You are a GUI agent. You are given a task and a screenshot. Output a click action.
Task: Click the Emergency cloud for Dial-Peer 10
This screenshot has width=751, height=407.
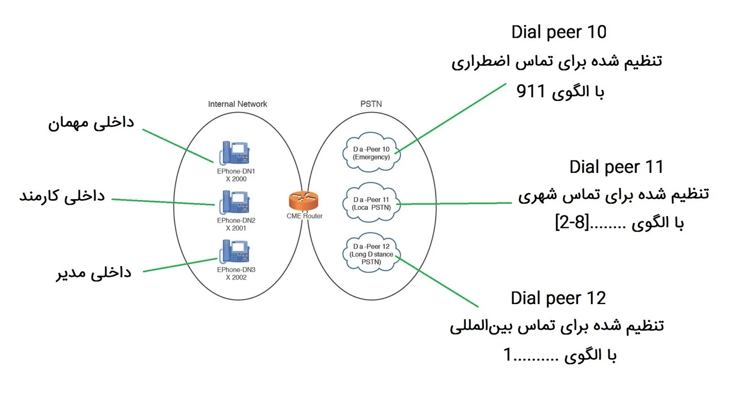coord(371,153)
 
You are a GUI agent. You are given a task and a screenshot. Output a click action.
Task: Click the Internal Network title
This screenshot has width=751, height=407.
coord(237,104)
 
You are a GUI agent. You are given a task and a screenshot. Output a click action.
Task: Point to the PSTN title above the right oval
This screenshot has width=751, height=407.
coord(371,104)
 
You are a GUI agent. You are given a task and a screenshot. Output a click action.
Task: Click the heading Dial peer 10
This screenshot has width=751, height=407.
coord(559,32)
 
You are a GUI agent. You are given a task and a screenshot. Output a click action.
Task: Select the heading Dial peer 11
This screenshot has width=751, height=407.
coord(617,167)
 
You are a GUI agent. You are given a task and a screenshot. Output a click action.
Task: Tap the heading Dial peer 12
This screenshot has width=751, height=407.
coord(558,298)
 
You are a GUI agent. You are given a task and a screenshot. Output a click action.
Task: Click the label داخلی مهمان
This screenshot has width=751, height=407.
coord(91,123)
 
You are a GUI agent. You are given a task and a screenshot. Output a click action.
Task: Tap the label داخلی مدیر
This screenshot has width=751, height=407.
coord(94,272)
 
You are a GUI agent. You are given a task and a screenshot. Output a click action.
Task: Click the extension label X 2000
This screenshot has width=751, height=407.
coord(236,180)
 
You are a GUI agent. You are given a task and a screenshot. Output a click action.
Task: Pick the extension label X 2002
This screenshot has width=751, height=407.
coord(236,277)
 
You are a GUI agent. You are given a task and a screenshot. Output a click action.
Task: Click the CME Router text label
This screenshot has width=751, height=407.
coord(304,216)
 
